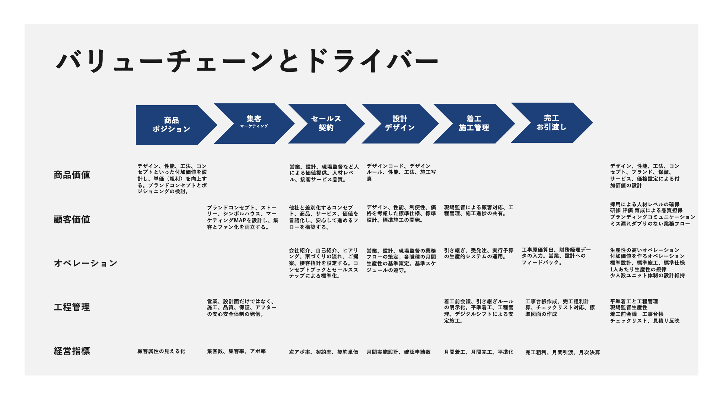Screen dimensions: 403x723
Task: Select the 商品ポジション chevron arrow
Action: (172, 125)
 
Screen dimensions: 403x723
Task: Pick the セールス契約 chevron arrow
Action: (326, 123)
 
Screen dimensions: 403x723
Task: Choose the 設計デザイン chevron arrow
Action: (400, 123)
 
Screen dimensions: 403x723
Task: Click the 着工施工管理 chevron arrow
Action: (474, 123)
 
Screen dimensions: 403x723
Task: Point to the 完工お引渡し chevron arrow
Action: (551, 123)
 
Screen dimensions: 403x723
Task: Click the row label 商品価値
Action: (72, 175)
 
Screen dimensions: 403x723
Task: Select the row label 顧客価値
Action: (72, 219)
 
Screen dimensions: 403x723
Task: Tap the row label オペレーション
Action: (86, 263)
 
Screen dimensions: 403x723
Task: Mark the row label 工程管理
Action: (72, 307)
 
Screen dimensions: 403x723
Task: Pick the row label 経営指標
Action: (72, 351)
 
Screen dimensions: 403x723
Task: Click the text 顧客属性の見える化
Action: (161, 351)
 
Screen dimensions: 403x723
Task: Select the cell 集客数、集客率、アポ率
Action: (236, 351)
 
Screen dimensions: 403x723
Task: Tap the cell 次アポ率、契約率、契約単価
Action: (324, 352)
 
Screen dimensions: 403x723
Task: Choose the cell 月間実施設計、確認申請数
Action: (398, 352)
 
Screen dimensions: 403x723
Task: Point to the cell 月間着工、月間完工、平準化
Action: (478, 352)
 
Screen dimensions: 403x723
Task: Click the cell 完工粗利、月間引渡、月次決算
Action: (563, 352)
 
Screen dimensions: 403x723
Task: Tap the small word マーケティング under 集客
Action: (254, 126)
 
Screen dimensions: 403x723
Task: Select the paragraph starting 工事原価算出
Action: (556, 256)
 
